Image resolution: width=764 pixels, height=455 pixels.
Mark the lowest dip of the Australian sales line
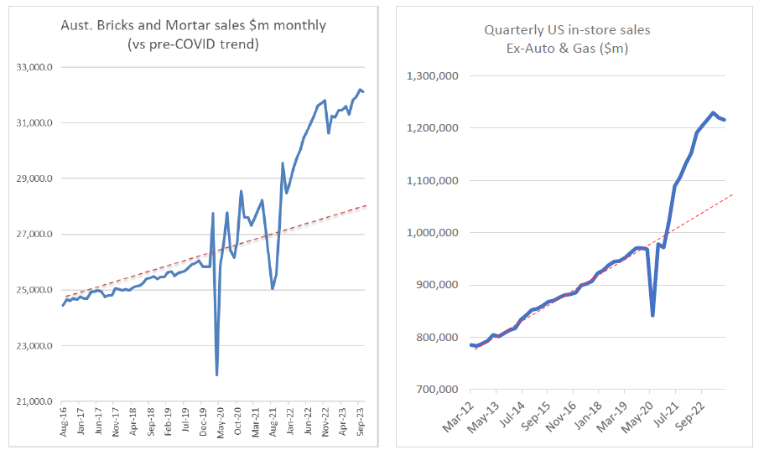coord(216,374)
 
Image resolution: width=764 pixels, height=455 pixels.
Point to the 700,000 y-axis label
coord(434,390)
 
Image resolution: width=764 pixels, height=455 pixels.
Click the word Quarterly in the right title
coord(511,30)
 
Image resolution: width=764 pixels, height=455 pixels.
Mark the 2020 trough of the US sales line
coord(652,315)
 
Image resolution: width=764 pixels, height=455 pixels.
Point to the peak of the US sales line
coord(712,112)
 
